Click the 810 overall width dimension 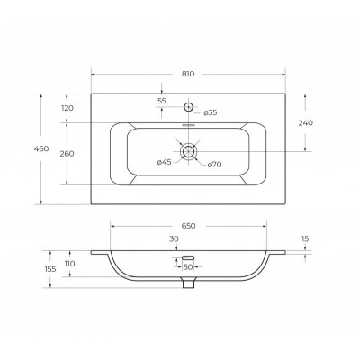pyautogui.click(x=188, y=74)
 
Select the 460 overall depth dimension pyautogui.click(x=41, y=148)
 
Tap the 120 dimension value pyautogui.click(x=67, y=108)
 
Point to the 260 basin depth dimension pyautogui.click(x=67, y=154)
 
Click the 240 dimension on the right pyautogui.click(x=306, y=122)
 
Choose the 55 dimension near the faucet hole pyautogui.click(x=162, y=101)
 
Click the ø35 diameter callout pyautogui.click(x=210, y=112)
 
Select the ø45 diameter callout pyautogui.click(x=164, y=162)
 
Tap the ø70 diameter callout pyautogui.click(x=214, y=165)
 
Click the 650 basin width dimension pyautogui.click(x=188, y=226)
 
